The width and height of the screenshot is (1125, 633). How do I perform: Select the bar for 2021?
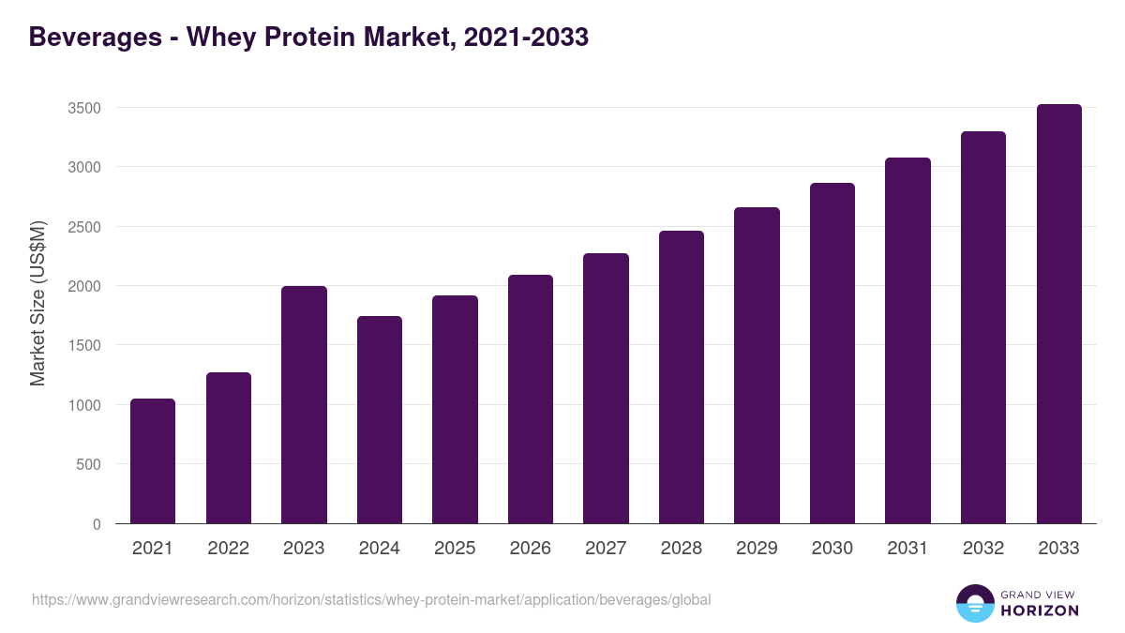click(x=153, y=460)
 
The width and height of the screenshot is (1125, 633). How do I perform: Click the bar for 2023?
click(x=304, y=404)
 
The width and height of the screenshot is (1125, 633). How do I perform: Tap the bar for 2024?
click(x=380, y=419)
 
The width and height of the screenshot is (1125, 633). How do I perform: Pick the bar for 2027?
click(x=606, y=388)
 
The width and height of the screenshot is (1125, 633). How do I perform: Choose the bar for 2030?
click(x=832, y=353)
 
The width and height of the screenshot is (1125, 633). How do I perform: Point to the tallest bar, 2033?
click(x=1058, y=313)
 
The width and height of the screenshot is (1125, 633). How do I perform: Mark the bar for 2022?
click(x=229, y=447)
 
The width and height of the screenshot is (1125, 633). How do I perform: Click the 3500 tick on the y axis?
click(x=84, y=108)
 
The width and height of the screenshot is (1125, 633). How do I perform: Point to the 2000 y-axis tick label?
click(x=84, y=286)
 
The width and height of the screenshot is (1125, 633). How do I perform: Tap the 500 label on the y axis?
click(x=88, y=464)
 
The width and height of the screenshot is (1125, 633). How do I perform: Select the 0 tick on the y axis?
click(x=97, y=524)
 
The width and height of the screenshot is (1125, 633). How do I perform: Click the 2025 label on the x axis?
click(x=455, y=549)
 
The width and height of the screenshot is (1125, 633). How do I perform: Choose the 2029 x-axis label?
click(x=757, y=549)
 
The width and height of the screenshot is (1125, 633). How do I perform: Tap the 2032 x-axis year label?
click(x=982, y=549)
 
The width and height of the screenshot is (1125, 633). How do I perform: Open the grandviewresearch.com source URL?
click(x=371, y=599)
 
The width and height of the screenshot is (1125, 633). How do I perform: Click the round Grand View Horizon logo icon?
click(x=975, y=604)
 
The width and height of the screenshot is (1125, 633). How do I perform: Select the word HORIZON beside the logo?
click(x=1039, y=610)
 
